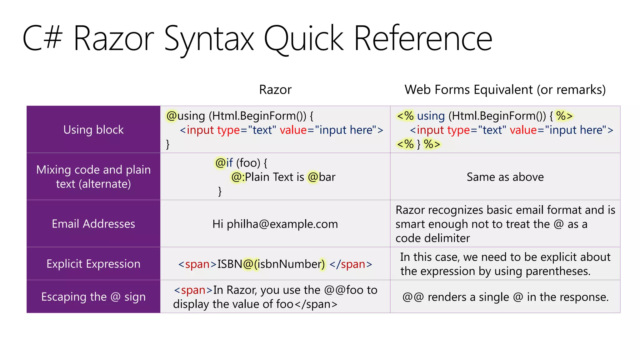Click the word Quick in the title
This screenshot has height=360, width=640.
tap(304, 39)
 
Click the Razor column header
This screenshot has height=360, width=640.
tap(275, 90)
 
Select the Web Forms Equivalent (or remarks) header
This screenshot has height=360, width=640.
tap(505, 90)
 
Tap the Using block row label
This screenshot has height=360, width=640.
tap(93, 130)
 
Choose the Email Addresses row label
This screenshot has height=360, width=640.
tap(93, 224)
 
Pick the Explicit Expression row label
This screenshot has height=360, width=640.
tap(93, 264)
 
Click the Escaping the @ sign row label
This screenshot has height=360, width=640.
tap(93, 297)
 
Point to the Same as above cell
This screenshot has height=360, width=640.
tap(505, 177)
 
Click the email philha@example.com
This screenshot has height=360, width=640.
tap(282, 224)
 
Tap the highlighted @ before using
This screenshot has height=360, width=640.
tap(172, 116)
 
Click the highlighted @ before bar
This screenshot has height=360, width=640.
tap(313, 177)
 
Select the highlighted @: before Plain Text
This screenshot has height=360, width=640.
tap(238, 177)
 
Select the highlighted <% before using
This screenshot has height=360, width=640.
tap(405, 116)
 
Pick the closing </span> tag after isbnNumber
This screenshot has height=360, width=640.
tap(351, 264)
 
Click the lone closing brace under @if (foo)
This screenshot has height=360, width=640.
tap(220, 191)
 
